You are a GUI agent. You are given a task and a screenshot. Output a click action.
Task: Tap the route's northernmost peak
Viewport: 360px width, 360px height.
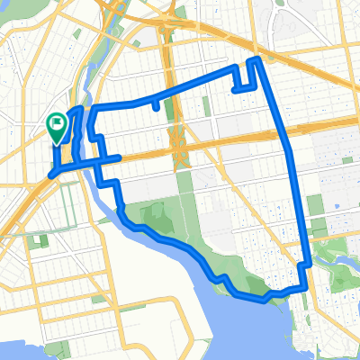(256, 60)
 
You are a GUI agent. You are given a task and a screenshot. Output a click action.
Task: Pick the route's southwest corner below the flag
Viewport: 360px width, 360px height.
(52, 172)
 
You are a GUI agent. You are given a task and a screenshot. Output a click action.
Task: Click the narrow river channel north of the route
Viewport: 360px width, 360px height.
(94, 85)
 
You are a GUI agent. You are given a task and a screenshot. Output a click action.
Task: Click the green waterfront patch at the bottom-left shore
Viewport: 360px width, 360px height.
(97, 298)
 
